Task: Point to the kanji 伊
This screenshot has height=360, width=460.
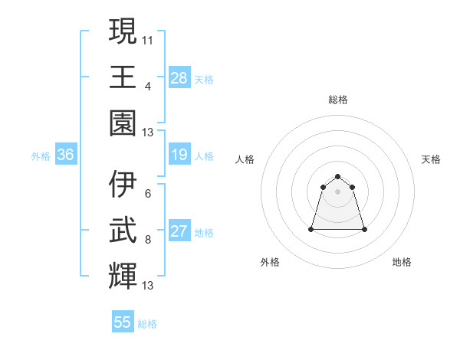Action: pos(123,184)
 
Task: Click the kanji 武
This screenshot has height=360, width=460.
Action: pos(123,230)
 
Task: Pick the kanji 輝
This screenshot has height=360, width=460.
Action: pos(123,276)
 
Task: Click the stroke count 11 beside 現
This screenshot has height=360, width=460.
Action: pos(148,39)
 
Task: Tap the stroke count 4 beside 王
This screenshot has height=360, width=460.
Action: pos(148,85)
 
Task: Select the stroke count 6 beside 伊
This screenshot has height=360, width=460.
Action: pos(148,193)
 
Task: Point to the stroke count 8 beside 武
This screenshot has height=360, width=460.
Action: pos(148,239)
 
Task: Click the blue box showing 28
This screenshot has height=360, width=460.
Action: pos(179,78)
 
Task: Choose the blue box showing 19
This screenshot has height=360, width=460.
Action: pos(179,155)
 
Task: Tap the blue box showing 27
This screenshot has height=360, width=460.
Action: pos(179,232)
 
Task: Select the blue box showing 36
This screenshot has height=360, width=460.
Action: pos(65,155)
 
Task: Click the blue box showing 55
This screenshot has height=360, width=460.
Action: pos(123,322)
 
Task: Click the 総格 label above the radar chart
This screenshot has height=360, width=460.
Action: pos(337,100)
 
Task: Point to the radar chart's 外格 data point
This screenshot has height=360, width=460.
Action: pos(311,229)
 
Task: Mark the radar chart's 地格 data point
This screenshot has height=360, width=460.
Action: pos(363,229)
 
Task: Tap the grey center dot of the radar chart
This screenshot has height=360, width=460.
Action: pos(337,191)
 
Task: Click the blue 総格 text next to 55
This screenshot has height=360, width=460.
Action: pos(147,324)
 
